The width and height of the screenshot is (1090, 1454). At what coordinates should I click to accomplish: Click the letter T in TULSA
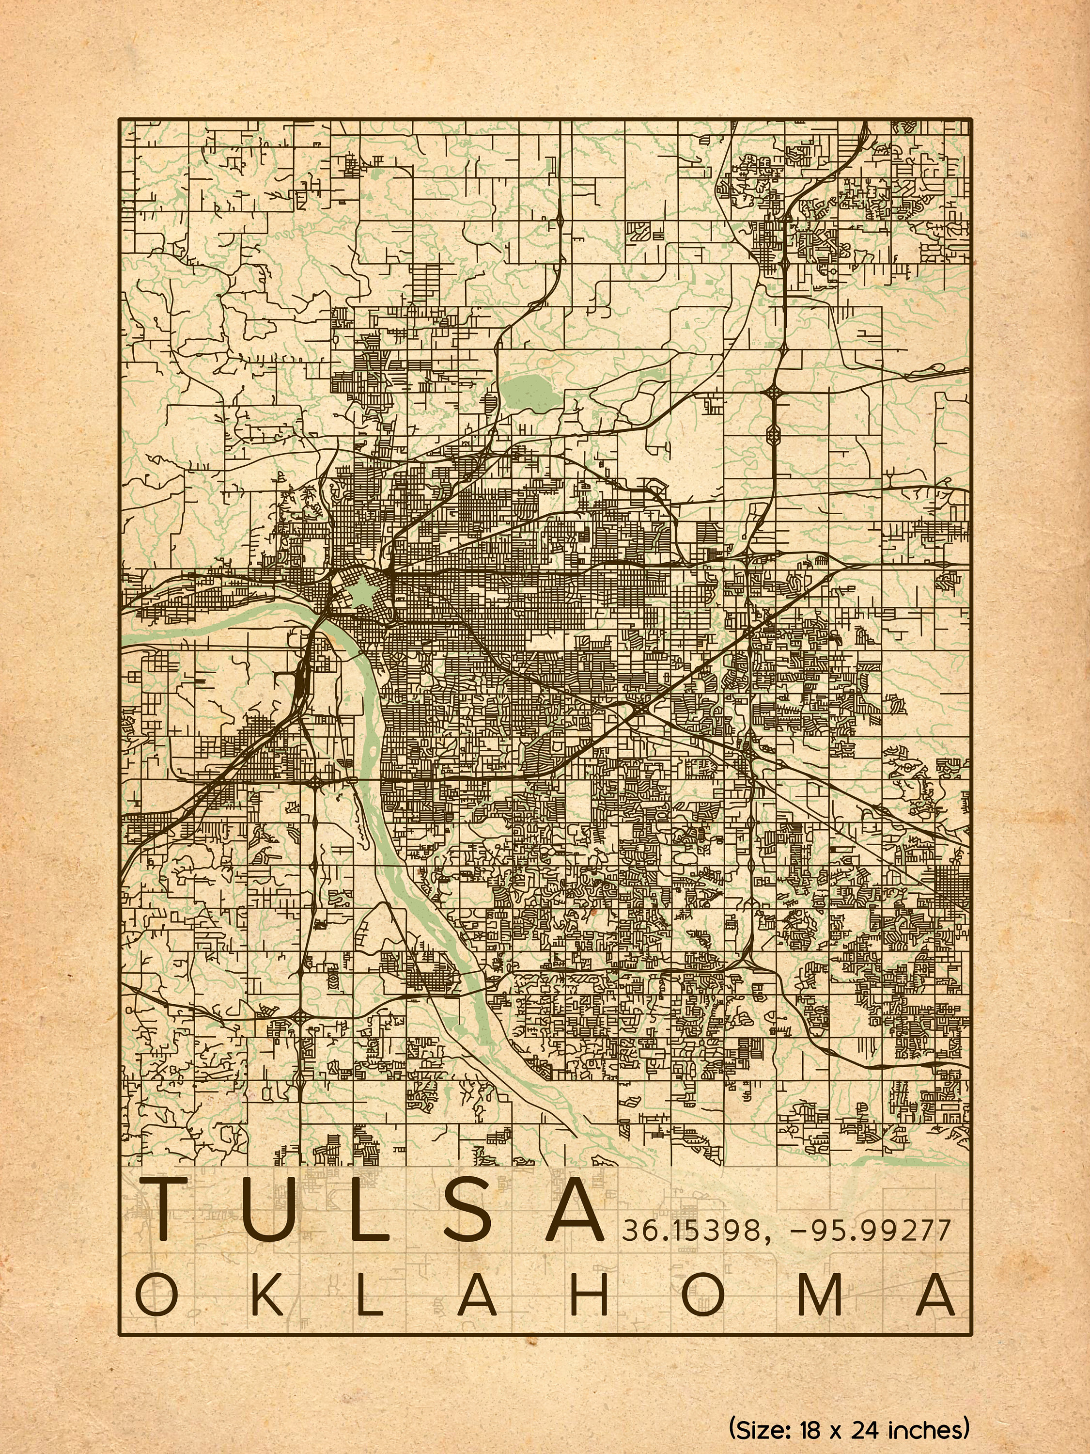tap(173, 1209)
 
